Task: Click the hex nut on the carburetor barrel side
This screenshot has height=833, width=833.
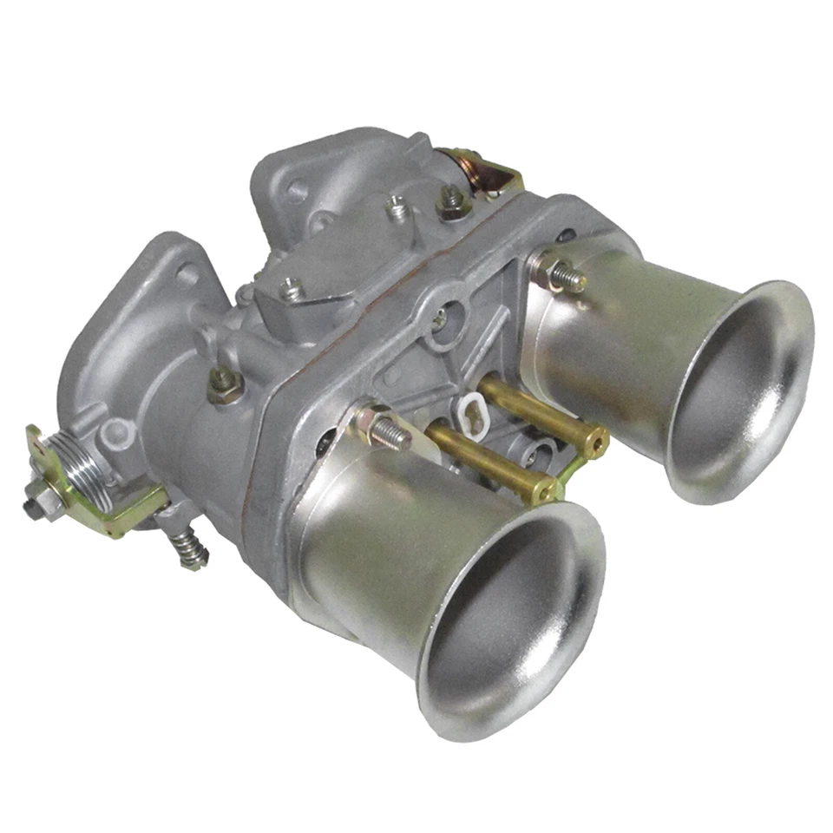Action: pos(224,382)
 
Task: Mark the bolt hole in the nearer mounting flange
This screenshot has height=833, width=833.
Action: pos(185,276)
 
